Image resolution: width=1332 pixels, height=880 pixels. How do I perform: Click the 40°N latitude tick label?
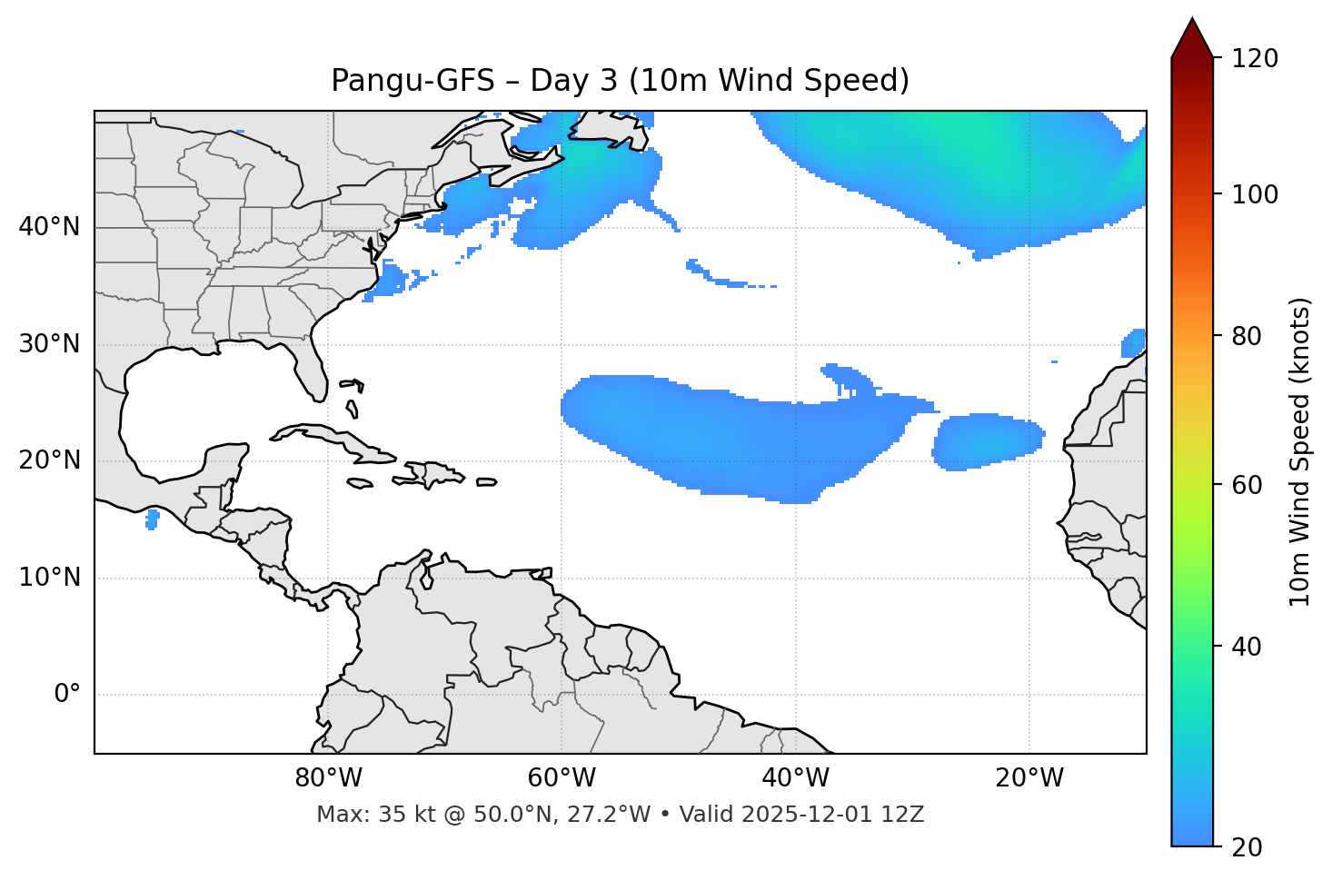click(x=49, y=227)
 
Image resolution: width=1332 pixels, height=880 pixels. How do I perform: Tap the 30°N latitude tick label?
click(x=49, y=344)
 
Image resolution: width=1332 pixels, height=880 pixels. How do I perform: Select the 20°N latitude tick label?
click(x=49, y=460)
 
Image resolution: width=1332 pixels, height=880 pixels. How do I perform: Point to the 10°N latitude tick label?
click(x=49, y=578)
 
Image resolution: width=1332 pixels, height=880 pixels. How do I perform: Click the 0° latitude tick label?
click(x=67, y=695)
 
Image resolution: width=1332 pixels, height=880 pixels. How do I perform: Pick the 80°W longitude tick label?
click(x=328, y=778)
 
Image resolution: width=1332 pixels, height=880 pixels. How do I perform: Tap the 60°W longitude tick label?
click(x=562, y=778)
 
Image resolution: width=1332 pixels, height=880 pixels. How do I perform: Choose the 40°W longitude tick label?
click(x=795, y=778)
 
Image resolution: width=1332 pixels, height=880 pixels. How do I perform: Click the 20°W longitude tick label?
click(x=1029, y=778)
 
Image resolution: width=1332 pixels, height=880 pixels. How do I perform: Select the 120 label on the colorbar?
click(x=1255, y=58)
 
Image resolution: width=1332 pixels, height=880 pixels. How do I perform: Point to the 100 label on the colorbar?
click(x=1255, y=194)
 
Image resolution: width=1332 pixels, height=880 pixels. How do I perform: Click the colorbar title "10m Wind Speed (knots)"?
click(x=1300, y=451)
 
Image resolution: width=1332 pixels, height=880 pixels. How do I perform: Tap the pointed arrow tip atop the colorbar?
click(x=1192, y=22)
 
